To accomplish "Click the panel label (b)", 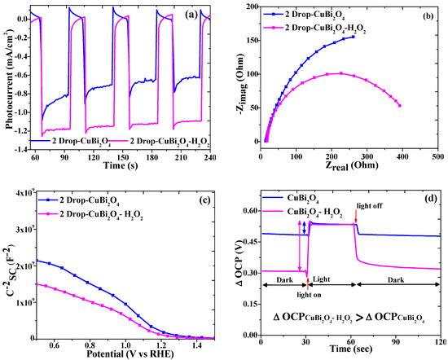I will pyautogui.click(x=426, y=14).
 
